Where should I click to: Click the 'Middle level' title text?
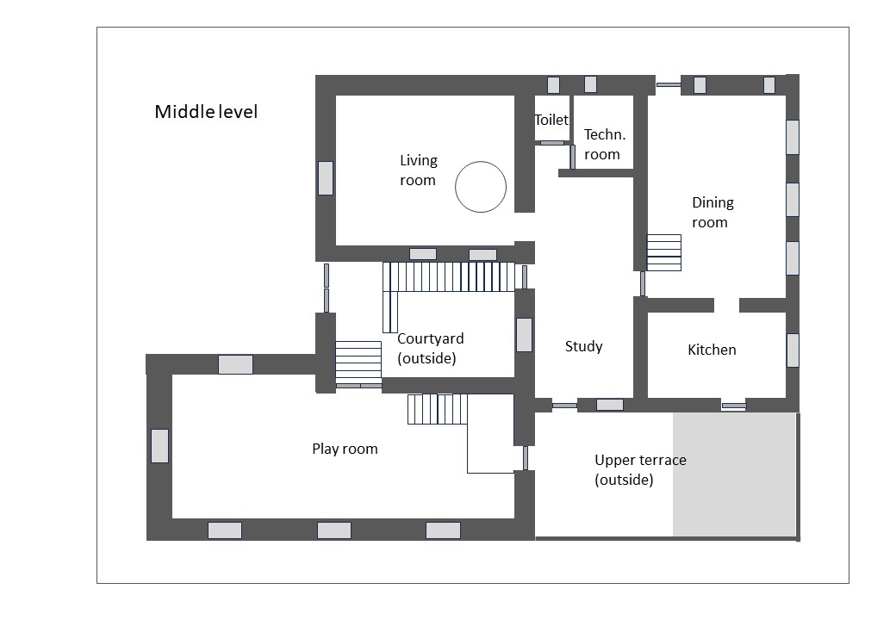(206, 112)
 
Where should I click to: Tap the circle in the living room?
(481, 162)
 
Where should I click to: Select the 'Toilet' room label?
(551, 120)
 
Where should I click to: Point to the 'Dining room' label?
(712, 213)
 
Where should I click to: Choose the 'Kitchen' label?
(712, 350)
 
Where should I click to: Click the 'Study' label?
(583, 346)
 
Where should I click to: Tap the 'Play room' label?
(345, 449)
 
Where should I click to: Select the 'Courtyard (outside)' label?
(430, 348)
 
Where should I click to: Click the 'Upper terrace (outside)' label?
(640, 469)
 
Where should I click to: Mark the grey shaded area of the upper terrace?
(734, 474)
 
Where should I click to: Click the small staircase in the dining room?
(664, 252)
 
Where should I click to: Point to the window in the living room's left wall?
(325, 178)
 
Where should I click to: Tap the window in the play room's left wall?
(159, 446)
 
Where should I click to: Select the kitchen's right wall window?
(793, 350)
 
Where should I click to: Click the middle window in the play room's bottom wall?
(334, 530)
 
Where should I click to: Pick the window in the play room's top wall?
(235, 364)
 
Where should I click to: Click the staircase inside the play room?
(438, 409)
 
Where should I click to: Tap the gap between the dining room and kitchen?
(727, 305)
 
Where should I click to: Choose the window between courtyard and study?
(524, 335)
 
